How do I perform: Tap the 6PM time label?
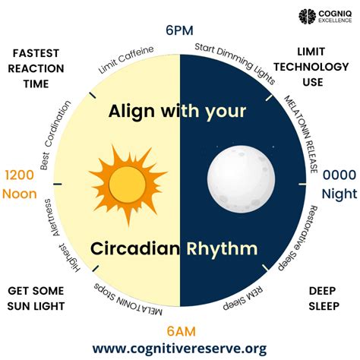click(180, 31)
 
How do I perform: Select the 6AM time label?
click(180, 330)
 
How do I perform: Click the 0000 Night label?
click(339, 184)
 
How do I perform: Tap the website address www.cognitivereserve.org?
click(180, 349)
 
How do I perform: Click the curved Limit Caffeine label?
click(126, 61)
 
